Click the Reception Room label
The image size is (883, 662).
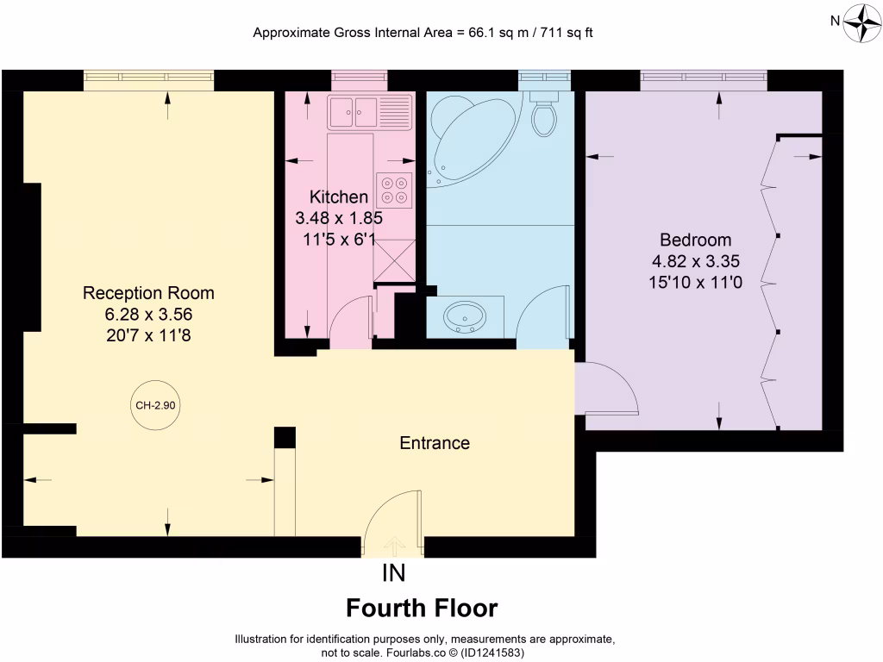148,293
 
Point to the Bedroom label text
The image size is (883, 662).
695,240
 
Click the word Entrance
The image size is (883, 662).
435,443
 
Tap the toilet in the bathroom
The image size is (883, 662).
544,116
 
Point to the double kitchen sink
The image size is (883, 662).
354,111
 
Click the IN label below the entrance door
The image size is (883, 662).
393,572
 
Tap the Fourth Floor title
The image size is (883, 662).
422,609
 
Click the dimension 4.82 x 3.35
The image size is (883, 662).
695,259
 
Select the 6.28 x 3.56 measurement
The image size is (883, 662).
148,314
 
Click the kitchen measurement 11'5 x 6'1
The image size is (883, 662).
339,239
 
